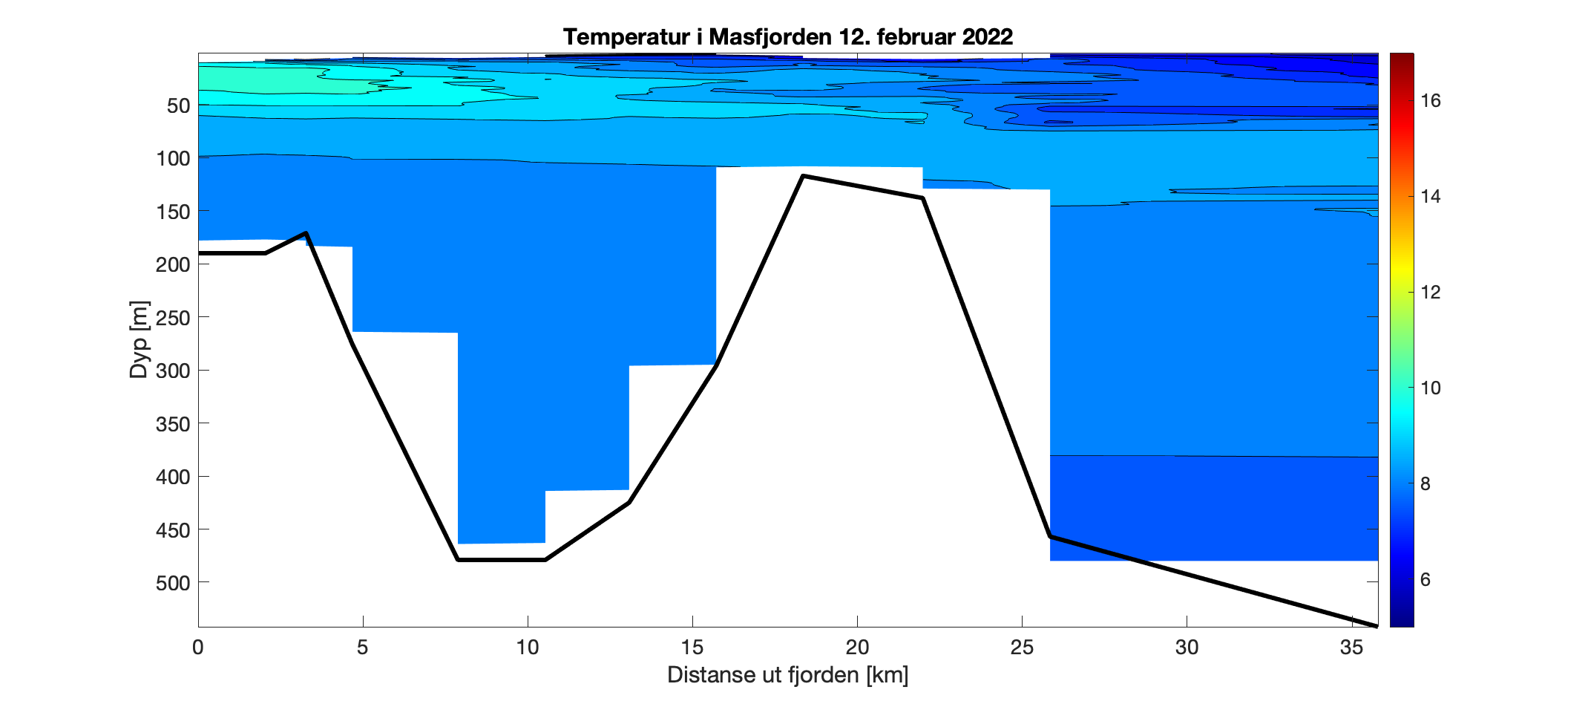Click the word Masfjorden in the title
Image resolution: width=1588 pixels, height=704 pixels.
(770, 36)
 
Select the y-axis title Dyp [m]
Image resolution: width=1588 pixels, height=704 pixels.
(140, 339)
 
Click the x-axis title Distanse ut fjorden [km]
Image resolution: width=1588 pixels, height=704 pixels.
(787, 675)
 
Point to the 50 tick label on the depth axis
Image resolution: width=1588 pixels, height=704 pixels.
(178, 105)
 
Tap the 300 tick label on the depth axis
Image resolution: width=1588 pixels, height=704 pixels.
(173, 371)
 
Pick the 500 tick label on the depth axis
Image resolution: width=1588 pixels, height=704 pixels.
(173, 583)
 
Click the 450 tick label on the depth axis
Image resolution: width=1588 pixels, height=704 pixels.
(173, 530)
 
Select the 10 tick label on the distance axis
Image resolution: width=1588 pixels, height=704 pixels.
(527, 648)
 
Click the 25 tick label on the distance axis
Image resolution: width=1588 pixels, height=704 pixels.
(1022, 648)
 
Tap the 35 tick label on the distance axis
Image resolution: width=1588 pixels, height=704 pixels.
(1351, 648)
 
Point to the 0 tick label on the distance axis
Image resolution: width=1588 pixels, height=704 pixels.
(198, 648)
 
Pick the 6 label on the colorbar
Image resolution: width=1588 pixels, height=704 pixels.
(1425, 580)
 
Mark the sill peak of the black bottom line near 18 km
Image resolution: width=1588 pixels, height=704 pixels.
(804, 176)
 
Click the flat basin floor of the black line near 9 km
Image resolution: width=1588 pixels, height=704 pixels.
(502, 560)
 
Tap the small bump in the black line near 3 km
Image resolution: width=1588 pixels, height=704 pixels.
(306, 233)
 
